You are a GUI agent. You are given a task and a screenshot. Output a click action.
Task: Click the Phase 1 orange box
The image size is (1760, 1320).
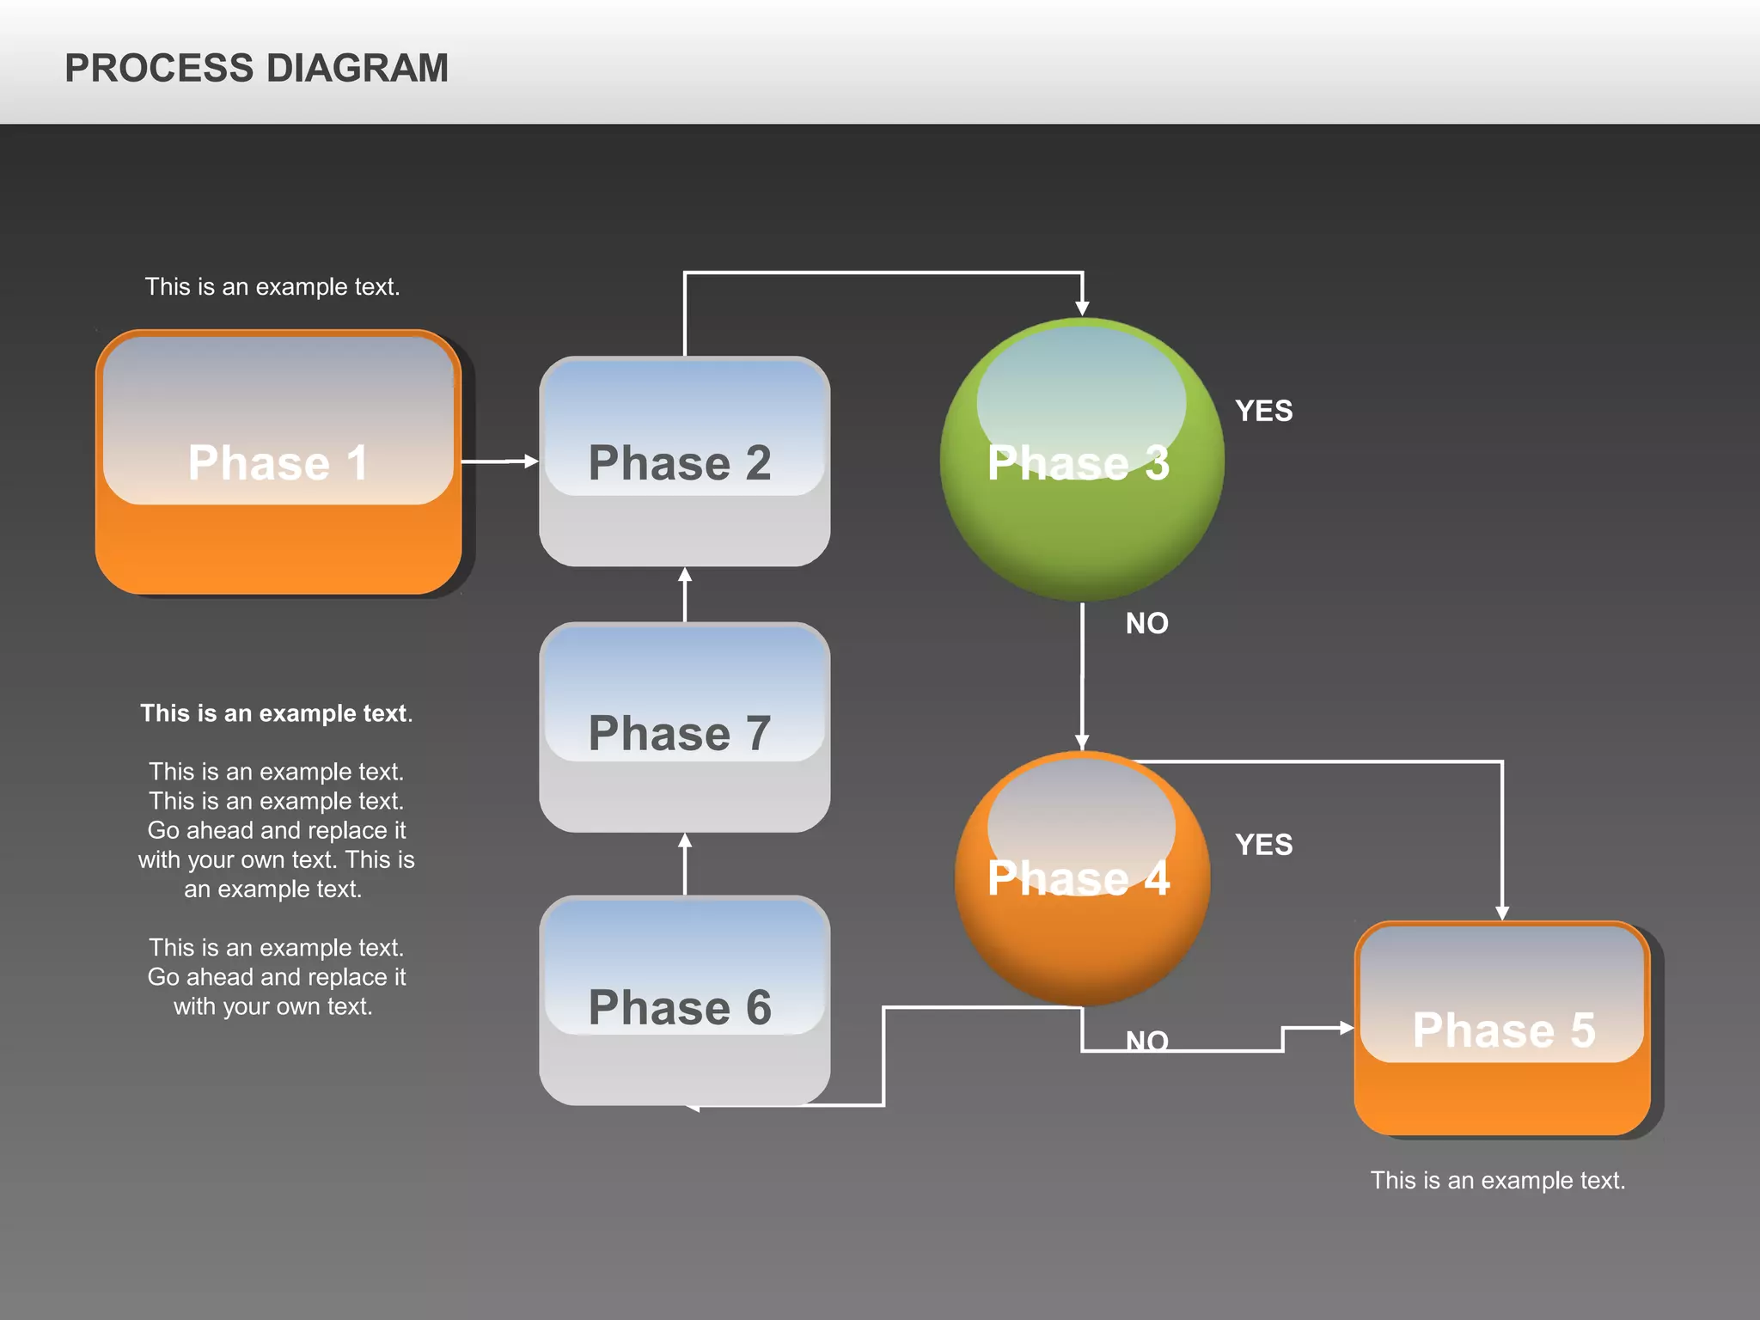[x=278, y=462]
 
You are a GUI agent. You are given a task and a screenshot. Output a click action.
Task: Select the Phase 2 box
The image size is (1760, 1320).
[x=684, y=461]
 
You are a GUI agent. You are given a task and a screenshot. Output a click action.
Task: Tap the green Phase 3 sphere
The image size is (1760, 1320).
[x=1081, y=461]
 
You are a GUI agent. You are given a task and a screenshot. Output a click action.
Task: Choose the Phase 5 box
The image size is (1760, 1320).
[x=1502, y=1029]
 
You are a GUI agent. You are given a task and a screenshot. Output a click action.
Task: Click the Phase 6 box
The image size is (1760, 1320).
[x=684, y=1001]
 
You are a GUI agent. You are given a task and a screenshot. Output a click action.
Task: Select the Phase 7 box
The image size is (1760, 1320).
[x=684, y=728]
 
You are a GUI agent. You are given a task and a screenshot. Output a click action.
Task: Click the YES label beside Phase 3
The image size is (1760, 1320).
[x=1263, y=411]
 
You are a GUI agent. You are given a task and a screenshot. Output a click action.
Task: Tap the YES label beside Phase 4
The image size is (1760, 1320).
[x=1263, y=845]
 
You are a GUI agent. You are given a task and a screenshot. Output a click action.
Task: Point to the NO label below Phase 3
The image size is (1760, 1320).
[x=1146, y=623]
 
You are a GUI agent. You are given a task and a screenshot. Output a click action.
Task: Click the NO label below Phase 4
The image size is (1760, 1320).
[x=1146, y=1041]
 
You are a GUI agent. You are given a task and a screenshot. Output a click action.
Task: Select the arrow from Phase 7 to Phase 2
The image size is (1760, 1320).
[x=685, y=594]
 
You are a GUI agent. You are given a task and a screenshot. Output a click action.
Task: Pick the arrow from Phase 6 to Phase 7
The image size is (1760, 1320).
[x=685, y=864]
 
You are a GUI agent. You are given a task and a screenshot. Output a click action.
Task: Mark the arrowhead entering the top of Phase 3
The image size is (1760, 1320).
[x=1082, y=308]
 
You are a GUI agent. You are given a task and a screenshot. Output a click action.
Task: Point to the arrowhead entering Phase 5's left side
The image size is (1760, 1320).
[x=1346, y=1027]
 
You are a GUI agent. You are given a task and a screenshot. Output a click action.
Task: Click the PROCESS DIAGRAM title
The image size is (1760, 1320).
[x=256, y=68]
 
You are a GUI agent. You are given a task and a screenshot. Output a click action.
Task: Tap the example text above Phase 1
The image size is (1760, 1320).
[x=272, y=286]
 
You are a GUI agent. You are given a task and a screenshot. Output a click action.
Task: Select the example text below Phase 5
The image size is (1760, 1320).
[x=1497, y=1180]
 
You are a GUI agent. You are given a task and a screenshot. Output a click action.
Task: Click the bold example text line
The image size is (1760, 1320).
[x=276, y=713]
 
